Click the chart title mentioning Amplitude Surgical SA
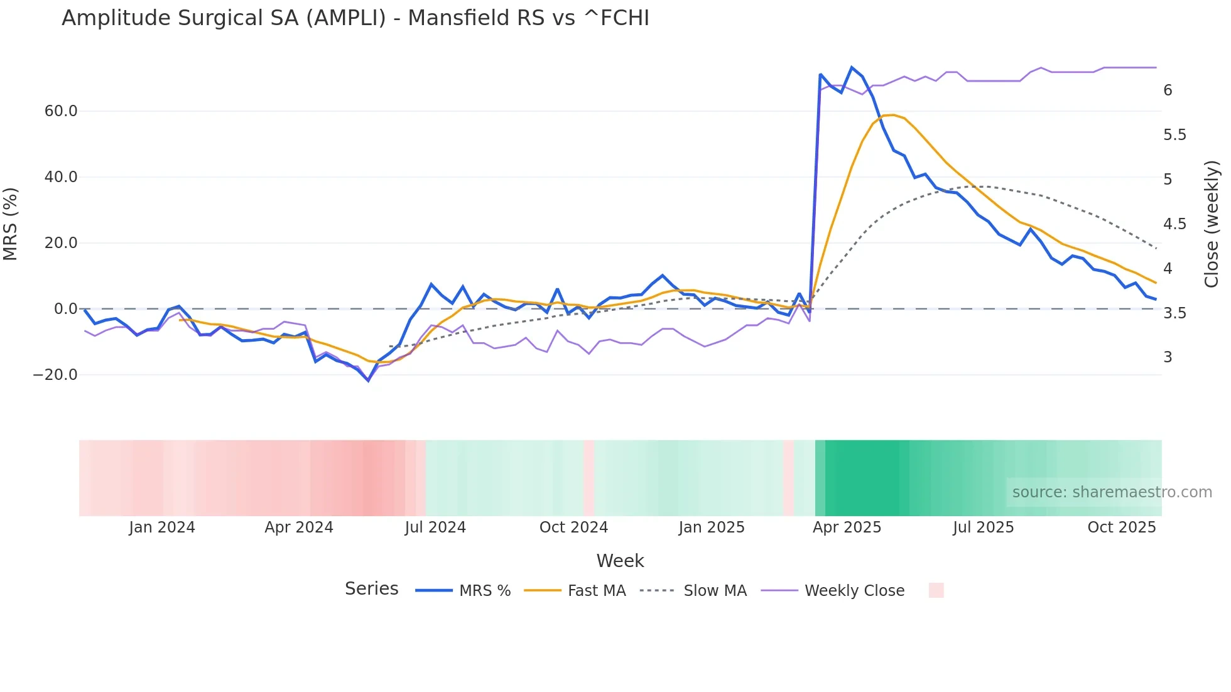[x=355, y=18]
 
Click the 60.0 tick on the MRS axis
[x=61, y=111]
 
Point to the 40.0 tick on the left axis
[x=61, y=177]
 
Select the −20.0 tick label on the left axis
[x=55, y=375]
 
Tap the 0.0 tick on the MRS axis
[x=65, y=309]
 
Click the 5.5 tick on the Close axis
[x=1174, y=135]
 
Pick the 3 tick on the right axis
[x=1168, y=357]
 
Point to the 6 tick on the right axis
[x=1168, y=90]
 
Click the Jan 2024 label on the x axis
[x=162, y=527]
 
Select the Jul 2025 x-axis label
[x=983, y=527]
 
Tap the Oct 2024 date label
[x=573, y=527]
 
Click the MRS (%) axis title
[x=11, y=224]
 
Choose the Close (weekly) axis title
[x=1212, y=224]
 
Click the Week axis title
[x=620, y=561]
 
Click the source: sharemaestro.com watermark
[x=1112, y=492]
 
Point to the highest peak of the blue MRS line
[x=852, y=67]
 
